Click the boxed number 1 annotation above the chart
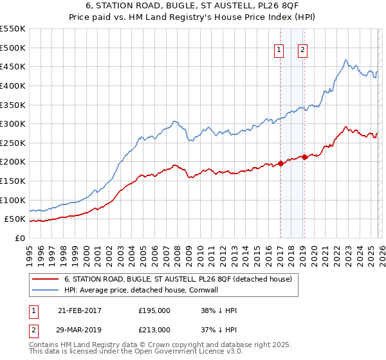(x=280, y=51)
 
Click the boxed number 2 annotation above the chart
(x=302, y=51)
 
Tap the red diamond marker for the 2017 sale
(x=280, y=164)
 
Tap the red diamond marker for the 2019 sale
(x=304, y=157)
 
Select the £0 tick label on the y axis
(x=20, y=238)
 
